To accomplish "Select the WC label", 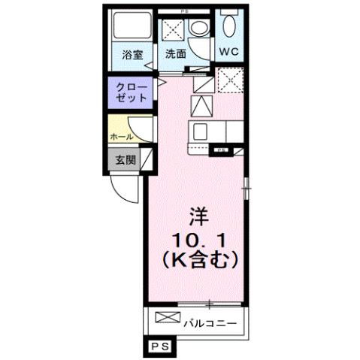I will point(229,53).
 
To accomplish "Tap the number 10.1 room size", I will point(198,240).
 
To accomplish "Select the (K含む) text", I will point(198,260).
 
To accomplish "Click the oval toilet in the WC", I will point(229,28).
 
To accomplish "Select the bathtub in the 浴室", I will point(131,29).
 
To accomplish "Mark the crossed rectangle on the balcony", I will point(168,319).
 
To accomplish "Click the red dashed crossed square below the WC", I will point(228,80).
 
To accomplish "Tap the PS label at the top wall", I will point(184,11).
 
